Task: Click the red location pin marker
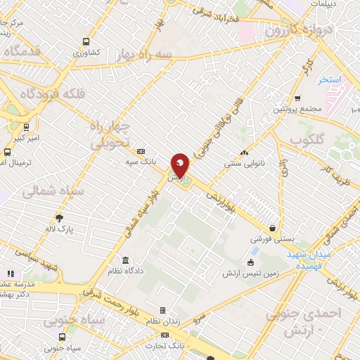180,165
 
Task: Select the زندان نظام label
162,321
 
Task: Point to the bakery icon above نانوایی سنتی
244,153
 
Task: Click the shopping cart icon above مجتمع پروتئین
297,98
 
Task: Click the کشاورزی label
88,53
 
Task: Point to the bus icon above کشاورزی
86,41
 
